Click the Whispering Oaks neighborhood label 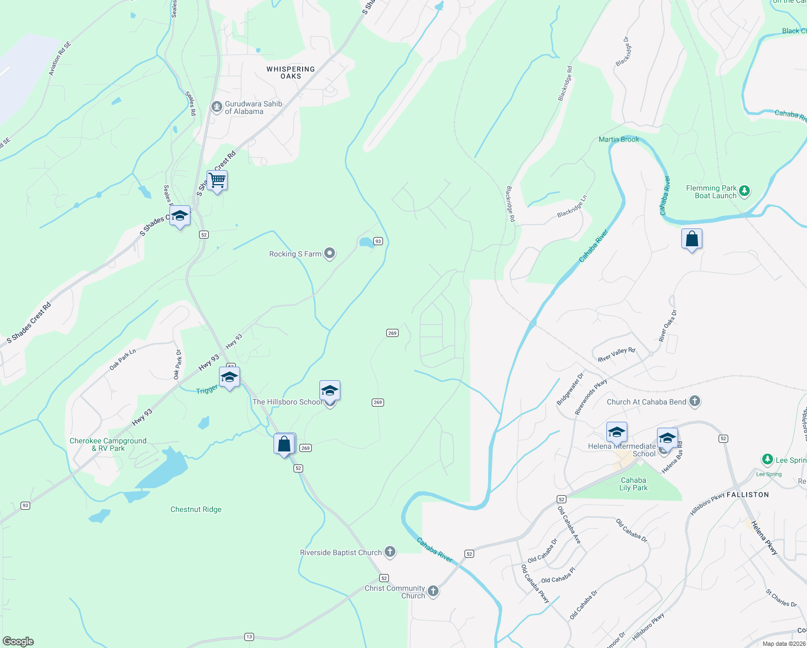(291, 72)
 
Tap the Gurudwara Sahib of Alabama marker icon (217, 107)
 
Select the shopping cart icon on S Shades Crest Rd (217, 180)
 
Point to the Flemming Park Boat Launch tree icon (744, 191)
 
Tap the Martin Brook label (619, 139)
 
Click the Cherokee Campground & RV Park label (108, 444)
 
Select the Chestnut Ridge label (196, 509)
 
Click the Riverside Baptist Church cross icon (390, 552)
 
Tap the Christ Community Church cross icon (433, 591)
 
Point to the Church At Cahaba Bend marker (695, 401)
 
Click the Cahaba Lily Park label (633, 484)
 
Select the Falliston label (748, 495)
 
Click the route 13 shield (249, 637)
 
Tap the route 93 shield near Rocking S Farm (378, 241)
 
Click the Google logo (18, 642)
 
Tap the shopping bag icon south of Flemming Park (692, 239)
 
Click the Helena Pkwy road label (764, 538)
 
